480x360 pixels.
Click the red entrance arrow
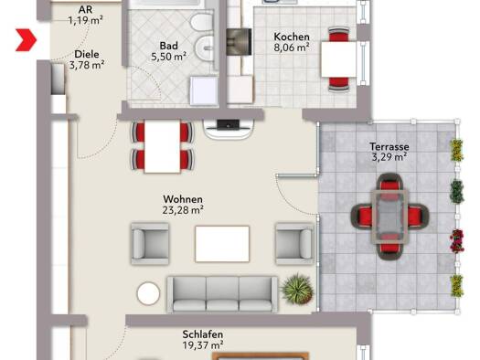[27, 40]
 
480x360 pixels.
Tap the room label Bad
[168, 46]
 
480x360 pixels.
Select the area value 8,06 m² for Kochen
[292, 48]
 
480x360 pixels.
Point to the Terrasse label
[389, 146]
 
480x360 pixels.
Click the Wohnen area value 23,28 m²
[183, 210]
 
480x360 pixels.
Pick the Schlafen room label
[203, 334]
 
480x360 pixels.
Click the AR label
[85, 9]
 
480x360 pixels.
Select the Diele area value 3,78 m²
[87, 65]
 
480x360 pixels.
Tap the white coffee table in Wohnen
[222, 244]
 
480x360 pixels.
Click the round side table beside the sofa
[148, 293]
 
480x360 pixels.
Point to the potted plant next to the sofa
[297, 290]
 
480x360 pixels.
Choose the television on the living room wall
[229, 124]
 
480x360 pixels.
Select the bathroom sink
[204, 48]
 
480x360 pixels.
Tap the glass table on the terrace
[390, 217]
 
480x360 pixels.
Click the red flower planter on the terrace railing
[457, 240]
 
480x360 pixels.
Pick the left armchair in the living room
[150, 243]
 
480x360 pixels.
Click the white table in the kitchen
[339, 59]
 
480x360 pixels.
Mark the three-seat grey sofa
[222, 294]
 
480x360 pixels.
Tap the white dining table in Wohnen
[162, 146]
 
